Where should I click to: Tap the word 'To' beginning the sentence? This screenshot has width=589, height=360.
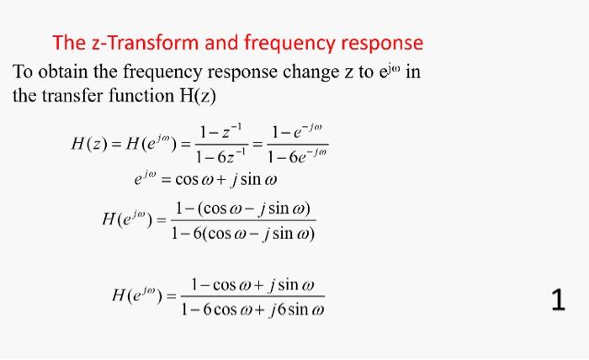tap(24, 71)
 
